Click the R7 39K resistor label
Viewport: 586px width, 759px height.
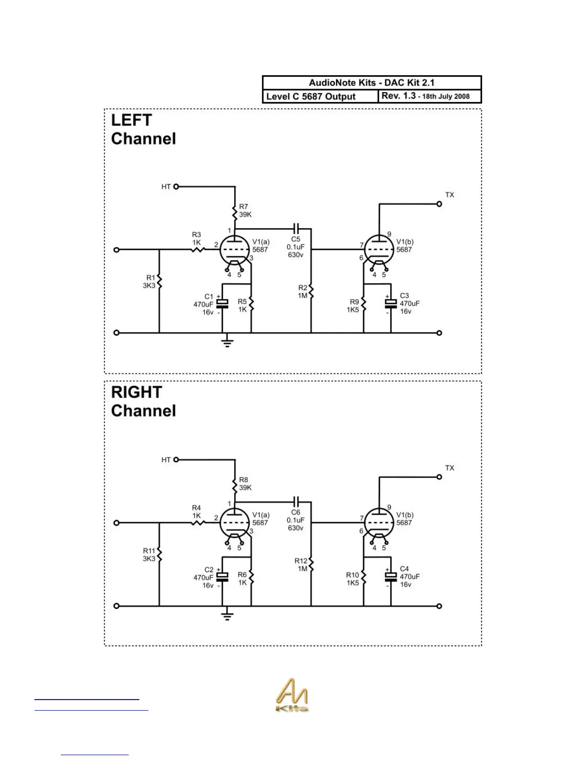(x=245, y=211)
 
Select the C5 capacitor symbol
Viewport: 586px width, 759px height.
(x=295, y=229)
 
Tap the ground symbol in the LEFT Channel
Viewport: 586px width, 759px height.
(x=227, y=342)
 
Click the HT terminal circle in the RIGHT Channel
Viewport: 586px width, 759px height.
(x=176, y=460)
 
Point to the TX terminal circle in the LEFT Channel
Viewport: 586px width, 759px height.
(x=439, y=204)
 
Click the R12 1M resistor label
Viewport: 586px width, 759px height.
(x=302, y=564)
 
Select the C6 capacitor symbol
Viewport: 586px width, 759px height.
(x=295, y=502)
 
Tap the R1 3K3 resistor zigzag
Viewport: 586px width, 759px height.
(x=159, y=282)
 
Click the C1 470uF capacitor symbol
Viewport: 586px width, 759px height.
(x=222, y=304)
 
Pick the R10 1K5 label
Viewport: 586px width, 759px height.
(x=353, y=579)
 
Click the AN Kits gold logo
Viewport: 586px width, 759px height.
(x=292, y=695)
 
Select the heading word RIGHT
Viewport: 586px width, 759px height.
(x=136, y=392)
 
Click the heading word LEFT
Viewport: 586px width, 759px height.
(x=131, y=120)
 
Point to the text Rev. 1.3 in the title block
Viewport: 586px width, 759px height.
(x=398, y=96)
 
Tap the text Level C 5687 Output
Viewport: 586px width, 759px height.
(x=311, y=96)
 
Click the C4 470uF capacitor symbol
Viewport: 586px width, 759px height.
(x=391, y=576)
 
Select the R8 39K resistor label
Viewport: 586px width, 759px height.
(x=245, y=483)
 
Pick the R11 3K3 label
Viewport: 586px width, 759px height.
(x=149, y=555)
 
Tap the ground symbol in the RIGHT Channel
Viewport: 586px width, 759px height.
(x=227, y=615)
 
